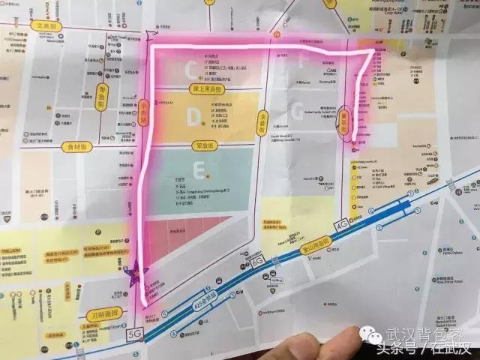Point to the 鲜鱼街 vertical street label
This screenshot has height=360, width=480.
click(x=102, y=95)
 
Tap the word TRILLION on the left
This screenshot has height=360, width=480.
click(x=16, y=232)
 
